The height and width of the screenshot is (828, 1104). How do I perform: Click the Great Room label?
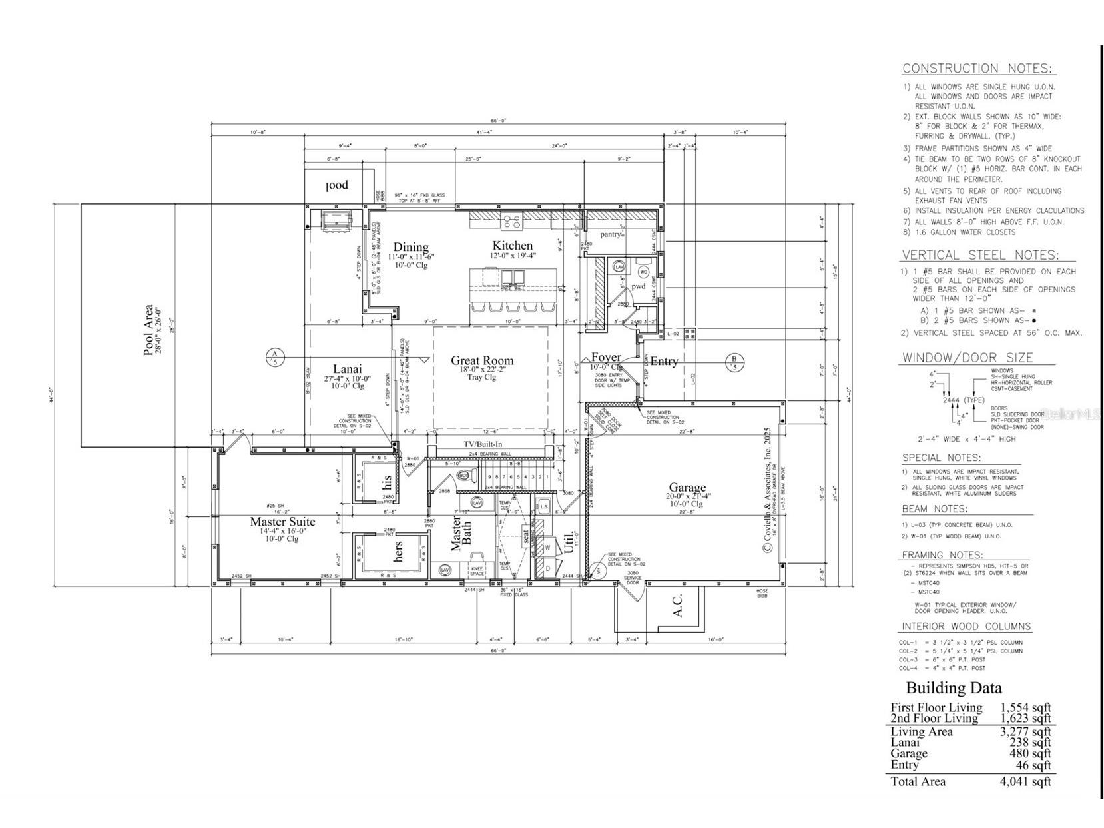coord(482,361)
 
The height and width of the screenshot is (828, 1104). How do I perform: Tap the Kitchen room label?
coord(512,246)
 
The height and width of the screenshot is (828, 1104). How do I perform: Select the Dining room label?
coord(410,247)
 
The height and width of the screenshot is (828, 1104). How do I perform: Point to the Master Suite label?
coord(282,522)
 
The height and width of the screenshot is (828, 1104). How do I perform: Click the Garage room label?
coord(687,487)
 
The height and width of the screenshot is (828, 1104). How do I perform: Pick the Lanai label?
coord(347,369)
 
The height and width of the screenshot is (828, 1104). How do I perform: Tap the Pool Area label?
coord(148,330)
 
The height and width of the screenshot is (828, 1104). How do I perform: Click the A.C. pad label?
coord(677,605)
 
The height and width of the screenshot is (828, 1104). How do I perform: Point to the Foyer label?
coord(605,358)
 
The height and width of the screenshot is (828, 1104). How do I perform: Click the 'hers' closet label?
coord(398,551)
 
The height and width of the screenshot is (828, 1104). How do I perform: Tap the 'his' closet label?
coord(388,483)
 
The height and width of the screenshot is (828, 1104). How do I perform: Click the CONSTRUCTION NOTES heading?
coord(977,68)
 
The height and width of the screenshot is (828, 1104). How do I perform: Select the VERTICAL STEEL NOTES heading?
coord(979,255)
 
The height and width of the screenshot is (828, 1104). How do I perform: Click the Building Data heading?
coord(954,688)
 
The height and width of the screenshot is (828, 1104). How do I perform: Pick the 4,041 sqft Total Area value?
coord(1025,781)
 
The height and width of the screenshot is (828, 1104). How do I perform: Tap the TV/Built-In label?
coord(483,444)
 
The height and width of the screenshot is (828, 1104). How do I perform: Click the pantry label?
coord(611,234)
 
